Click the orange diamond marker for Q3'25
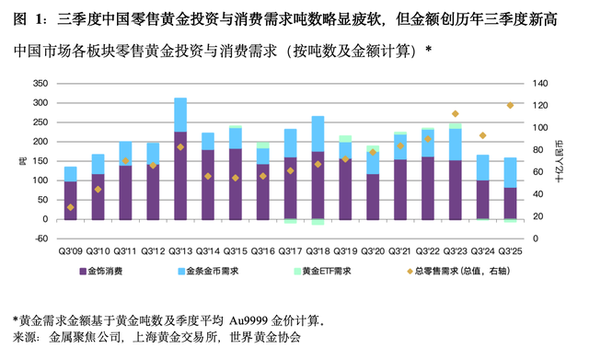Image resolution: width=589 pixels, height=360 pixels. (509, 105)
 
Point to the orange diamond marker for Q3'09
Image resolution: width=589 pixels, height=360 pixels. (70, 207)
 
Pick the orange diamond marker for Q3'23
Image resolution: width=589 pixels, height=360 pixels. (455, 114)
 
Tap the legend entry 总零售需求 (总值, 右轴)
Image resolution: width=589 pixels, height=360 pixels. (430, 271)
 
